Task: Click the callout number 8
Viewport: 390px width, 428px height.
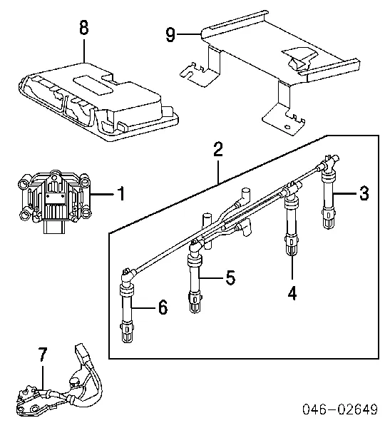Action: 84,28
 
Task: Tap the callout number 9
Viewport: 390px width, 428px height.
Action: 170,34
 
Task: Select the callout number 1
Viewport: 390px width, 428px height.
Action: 121,193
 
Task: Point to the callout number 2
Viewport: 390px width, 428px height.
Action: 217,149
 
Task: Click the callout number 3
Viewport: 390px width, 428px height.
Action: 364,193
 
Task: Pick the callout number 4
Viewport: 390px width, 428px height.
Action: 292,293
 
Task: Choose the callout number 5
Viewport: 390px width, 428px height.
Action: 230,277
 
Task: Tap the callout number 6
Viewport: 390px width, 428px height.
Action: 163,307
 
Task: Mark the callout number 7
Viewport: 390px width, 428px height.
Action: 43,355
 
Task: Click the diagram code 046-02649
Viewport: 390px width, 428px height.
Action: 340,409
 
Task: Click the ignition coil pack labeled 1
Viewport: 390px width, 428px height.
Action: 55,201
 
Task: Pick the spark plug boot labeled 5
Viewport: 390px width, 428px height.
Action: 195,275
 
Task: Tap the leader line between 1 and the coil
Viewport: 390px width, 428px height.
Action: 103,194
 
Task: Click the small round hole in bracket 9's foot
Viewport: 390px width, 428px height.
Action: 287,127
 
